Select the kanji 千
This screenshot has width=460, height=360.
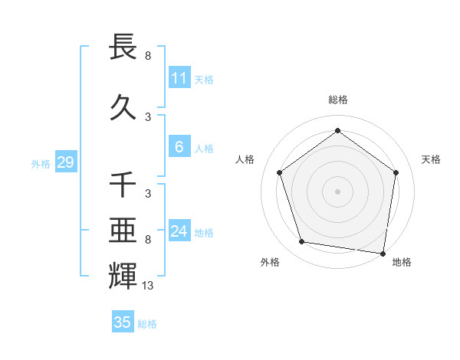tap(123, 185)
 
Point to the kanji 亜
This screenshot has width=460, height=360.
tap(123, 231)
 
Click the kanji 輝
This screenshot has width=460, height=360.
tap(123, 275)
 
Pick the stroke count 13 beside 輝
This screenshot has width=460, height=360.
tap(148, 286)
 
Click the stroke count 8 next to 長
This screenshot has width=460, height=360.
tap(148, 55)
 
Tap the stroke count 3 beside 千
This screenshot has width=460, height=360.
tap(148, 194)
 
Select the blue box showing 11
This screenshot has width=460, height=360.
tap(179, 78)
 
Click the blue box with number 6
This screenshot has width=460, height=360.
tap(179, 147)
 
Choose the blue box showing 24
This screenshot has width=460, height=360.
tap(179, 231)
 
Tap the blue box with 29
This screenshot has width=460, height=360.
tap(65, 162)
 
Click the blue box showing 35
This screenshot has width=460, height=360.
tap(123, 322)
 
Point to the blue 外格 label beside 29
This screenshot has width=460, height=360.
tap(41, 163)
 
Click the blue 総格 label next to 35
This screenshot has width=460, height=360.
tap(147, 323)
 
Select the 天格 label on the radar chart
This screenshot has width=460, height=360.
tap(432, 159)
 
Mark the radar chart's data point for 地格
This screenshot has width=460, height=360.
tap(383, 253)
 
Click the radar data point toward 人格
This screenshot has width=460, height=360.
tap(279, 172)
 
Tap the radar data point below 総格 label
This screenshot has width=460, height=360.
tap(337, 130)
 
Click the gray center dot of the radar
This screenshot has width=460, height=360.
tap(337, 191)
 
